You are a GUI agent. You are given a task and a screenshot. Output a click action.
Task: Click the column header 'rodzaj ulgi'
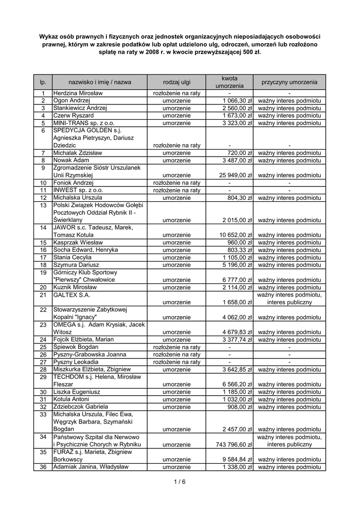point(177,82)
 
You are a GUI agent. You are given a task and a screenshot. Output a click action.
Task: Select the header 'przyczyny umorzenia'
point(289,82)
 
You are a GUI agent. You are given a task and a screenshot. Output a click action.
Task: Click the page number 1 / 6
point(180,481)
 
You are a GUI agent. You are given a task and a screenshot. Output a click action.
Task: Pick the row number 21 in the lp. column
point(43,295)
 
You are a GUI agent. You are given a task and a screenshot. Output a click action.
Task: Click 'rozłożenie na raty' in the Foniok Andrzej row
point(177,183)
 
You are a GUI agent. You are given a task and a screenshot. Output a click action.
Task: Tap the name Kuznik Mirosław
point(75,287)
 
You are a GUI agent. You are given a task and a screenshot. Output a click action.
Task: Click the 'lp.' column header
point(43,82)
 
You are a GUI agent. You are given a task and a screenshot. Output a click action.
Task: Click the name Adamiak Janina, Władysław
point(91,467)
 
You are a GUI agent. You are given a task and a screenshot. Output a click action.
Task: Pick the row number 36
point(43,467)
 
